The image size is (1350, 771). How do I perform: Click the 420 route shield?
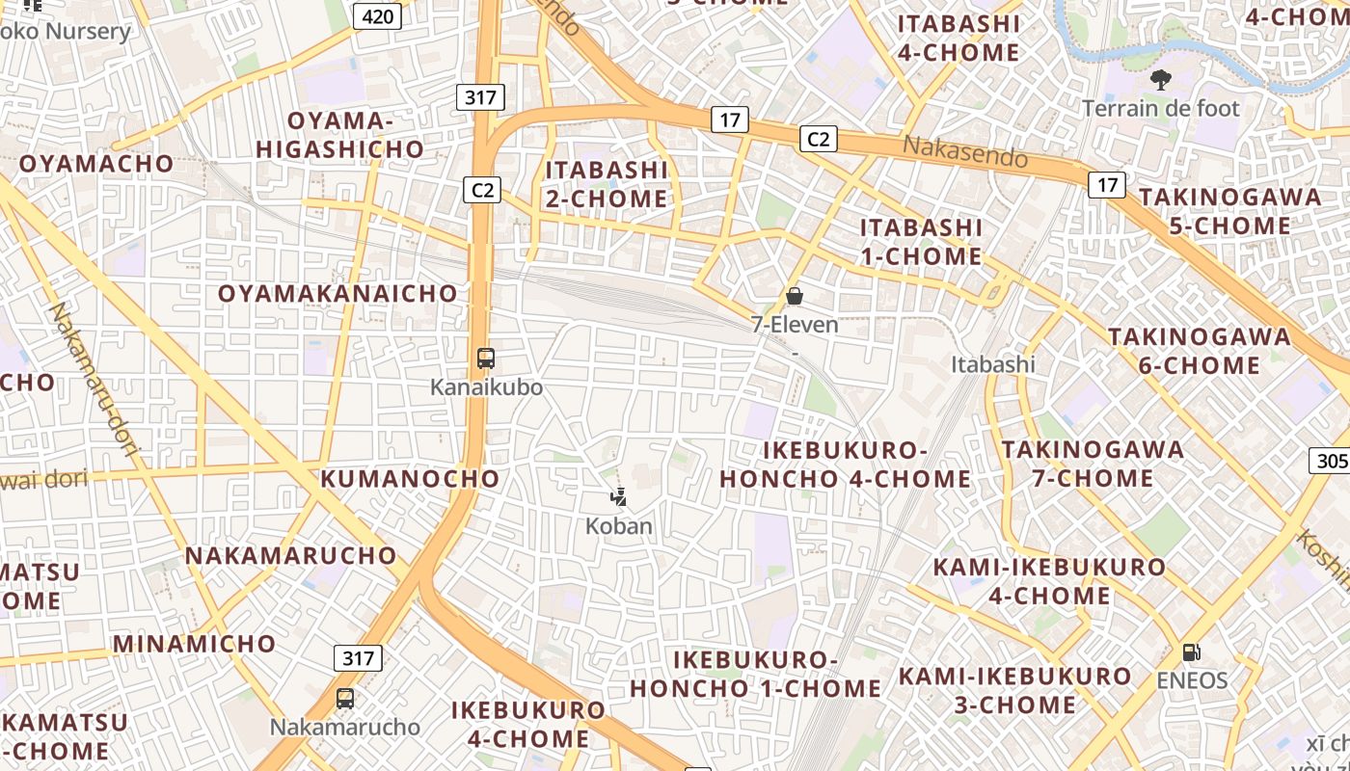click(377, 15)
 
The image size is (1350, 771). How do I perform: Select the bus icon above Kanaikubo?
click(486, 359)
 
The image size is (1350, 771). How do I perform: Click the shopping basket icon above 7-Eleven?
click(795, 296)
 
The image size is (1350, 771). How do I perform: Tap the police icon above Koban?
click(619, 497)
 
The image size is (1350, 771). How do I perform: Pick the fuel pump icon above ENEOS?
click(1192, 652)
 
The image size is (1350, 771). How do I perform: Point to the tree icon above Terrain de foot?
click(1160, 80)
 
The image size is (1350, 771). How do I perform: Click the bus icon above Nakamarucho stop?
click(345, 699)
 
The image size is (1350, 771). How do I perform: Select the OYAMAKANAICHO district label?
click(337, 293)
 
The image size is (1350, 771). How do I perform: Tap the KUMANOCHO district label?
click(410, 478)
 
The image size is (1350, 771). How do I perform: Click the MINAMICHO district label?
click(195, 643)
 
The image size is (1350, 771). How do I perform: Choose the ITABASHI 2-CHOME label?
click(607, 184)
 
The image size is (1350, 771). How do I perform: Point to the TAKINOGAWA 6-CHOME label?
click(1199, 351)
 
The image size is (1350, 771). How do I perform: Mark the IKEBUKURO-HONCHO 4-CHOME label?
click(846, 465)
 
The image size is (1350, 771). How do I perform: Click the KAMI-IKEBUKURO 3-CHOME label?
click(1014, 690)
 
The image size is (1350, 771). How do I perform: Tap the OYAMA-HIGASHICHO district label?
click(339, 134)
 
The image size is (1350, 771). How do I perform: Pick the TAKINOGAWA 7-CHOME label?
click(1093, 464)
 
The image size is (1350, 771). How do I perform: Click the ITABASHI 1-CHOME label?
click(921, 242)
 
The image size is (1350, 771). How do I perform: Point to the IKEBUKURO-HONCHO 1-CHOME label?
click(756, 674)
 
